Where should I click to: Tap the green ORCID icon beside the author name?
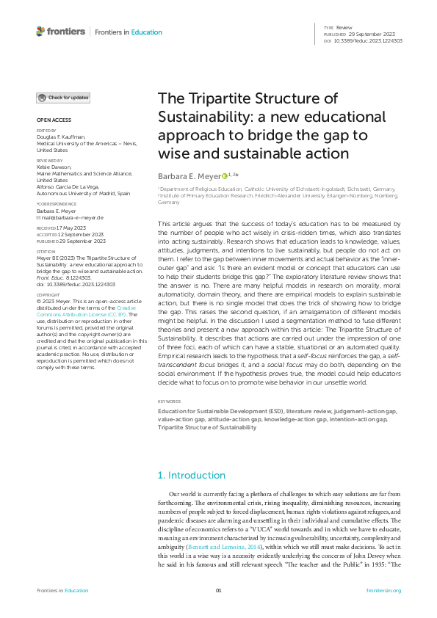click(x=225, y=176)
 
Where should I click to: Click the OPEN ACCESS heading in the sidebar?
click(x=54, y=120)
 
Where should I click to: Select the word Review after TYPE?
click(x=344, y=26)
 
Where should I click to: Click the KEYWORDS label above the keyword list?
click(x=170, y=401)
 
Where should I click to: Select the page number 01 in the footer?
click(x=218, y=590)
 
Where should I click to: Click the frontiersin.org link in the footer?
click(x=383, y=590)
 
